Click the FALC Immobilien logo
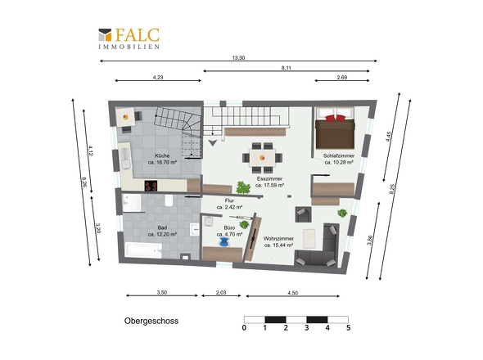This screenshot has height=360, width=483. (129, 38)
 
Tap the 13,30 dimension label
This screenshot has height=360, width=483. (238, 57)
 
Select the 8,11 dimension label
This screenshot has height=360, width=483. (287, 68)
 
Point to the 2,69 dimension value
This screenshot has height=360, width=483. (342, 77)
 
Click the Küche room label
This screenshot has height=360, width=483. (162, 155)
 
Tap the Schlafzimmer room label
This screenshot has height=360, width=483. (339, 155)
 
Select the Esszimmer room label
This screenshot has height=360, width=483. (269, 178)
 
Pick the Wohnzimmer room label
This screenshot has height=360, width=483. (278, 238)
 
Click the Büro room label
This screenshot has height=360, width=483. (229, 228)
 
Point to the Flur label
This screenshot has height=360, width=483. (229, 200)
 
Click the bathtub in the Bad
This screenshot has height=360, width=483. (144, 250)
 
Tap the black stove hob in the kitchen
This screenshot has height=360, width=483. (151, 186)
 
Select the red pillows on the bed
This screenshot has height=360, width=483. (335, 118)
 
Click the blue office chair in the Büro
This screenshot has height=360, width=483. (224, 243)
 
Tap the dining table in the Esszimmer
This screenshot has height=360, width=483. (262, 158)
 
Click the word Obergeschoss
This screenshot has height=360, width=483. (151, 321)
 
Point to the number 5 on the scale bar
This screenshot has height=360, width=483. (348, 327)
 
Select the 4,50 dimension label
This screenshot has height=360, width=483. (292, 293)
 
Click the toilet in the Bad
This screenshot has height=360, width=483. (169, 200)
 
